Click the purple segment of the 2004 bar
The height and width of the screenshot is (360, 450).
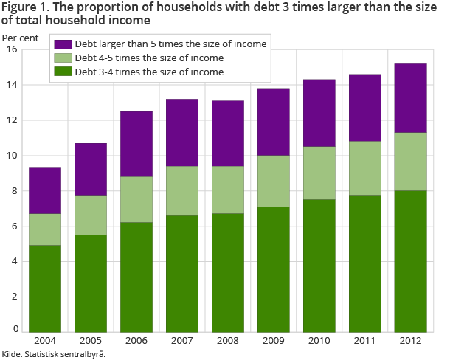tap(45, 191)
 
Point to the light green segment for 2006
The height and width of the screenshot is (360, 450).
tap(136, 199)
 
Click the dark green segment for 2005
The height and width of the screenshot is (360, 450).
tap(91, 283)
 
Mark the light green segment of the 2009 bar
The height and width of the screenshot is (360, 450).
tap(274, 181)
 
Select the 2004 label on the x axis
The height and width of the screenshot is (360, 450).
tap(45, 342)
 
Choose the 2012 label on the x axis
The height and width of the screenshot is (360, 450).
tap(411, 342)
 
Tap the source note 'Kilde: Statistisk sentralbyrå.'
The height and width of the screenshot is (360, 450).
tap(54, 354)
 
